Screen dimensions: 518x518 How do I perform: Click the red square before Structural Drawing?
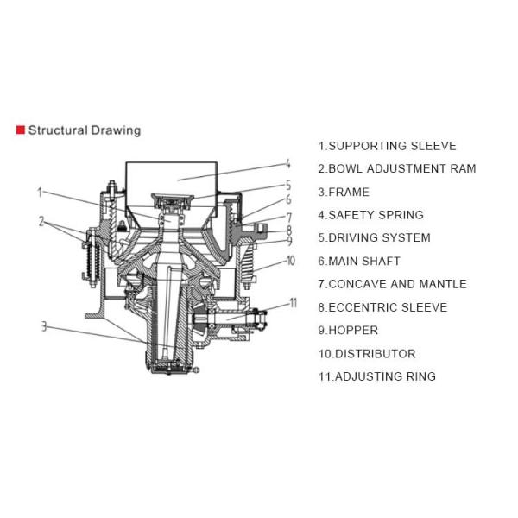tap(20, 130)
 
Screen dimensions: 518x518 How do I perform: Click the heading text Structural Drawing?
tap(84, 130)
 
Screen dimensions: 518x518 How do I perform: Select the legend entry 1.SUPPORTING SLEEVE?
tap(387, 146)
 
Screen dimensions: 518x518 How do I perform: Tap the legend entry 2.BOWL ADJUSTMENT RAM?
tap(396, 169)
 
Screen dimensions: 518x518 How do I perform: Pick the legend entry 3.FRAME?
tap(343, 192)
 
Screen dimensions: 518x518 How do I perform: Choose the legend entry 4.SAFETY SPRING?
tap(370, 215)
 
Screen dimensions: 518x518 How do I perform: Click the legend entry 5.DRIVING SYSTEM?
tap(374, 237)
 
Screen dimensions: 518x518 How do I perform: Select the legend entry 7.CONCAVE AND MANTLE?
tap(392, 283)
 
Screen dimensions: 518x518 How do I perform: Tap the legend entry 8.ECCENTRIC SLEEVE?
tap(382, 306)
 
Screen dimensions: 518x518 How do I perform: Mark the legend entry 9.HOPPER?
tap(348, 330)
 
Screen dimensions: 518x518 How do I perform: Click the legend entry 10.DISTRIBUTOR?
tap(367, 353)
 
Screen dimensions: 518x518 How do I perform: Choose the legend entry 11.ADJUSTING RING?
tap(376, 376)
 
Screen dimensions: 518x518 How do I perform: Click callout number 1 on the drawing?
tap(39, 192)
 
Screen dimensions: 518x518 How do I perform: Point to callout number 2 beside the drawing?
tap(41, 222)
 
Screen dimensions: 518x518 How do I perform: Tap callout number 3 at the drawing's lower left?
tap(42, 325)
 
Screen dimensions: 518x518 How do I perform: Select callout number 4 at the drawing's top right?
tap(287, 164)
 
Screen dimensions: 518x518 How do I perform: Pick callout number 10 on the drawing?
tap(290, 259)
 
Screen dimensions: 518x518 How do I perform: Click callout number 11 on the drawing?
tap(293, 302)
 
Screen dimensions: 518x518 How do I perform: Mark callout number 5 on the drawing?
tap(287, 185)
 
